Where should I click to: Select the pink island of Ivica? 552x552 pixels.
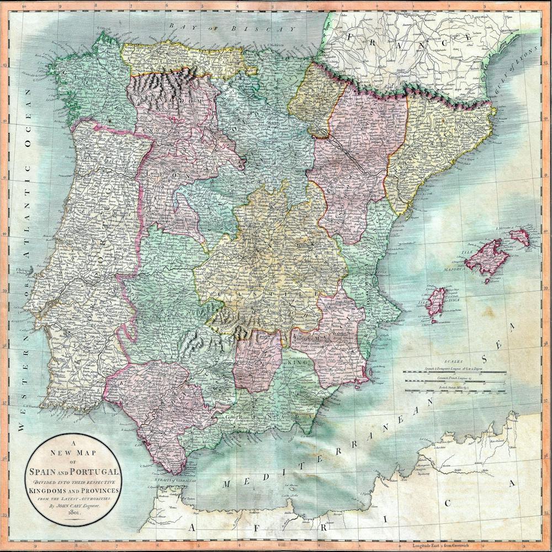[436, 302]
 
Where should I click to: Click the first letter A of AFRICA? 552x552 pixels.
[192, 528]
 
